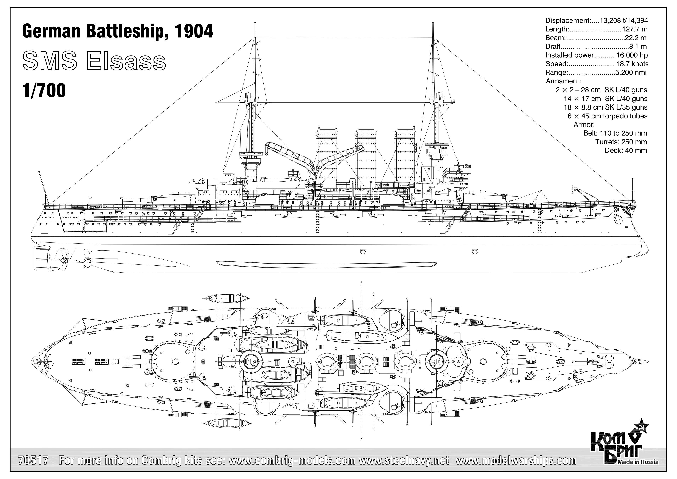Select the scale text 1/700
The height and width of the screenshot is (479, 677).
coord(44,90)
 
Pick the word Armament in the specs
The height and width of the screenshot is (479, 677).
coord(563,81)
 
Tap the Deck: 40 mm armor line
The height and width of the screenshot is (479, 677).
coord(625,150)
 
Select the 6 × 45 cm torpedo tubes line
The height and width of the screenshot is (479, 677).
coord(607,116)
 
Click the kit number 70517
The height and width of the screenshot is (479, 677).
coord(33,460)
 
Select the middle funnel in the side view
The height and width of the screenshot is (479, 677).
coord(366,156)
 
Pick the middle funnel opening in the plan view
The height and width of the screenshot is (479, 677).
coord(366,360)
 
